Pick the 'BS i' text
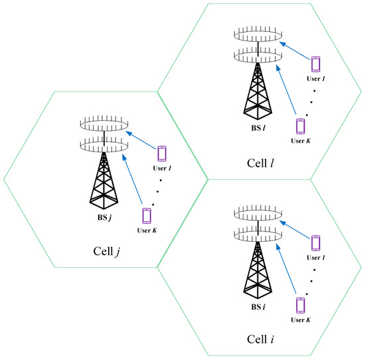pos(256,308)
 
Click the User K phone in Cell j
pos(147,216)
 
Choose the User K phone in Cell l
pos(301,126)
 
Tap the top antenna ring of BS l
pos(256,35)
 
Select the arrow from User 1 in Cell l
pos(294,52)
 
